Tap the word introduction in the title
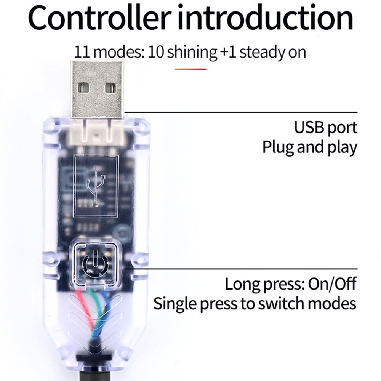click(265, 18)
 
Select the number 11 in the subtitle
click(82, 52)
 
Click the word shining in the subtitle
click(192, 53)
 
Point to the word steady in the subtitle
click(263, 53)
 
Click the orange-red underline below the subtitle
click(190, 69)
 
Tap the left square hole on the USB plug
click(83, 88)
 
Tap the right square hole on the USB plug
click(111, 88)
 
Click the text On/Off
click(332, 283)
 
